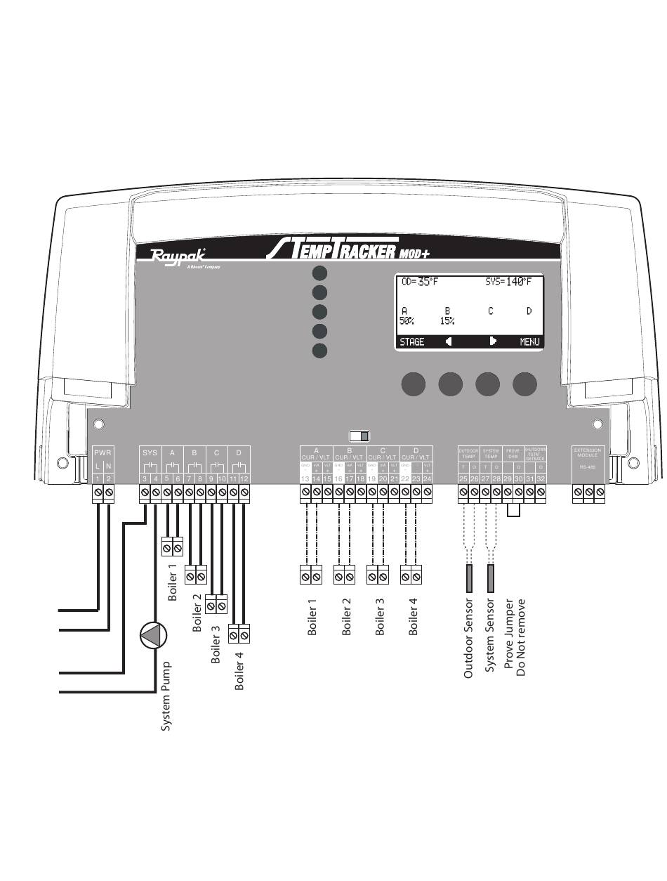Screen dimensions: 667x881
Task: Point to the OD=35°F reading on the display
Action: point(419,282)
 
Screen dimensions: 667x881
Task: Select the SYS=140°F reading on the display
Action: point(508,282)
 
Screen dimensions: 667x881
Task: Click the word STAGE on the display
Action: point(411,342)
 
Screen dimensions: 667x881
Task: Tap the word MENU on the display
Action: point(529,342)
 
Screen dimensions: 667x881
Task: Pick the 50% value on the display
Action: point(407,321)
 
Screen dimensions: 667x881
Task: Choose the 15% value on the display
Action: point(447,321)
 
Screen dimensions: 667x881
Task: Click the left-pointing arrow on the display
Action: point(448,341)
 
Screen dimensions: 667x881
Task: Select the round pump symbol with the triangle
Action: point(154,636)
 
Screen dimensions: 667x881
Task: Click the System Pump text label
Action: point(166,696)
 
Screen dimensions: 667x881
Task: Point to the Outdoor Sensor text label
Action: point(468,638)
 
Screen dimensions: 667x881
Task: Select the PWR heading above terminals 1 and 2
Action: point(103,453)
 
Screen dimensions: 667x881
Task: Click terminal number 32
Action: point(541,478)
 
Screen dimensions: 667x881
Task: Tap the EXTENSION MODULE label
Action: point(588,452)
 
